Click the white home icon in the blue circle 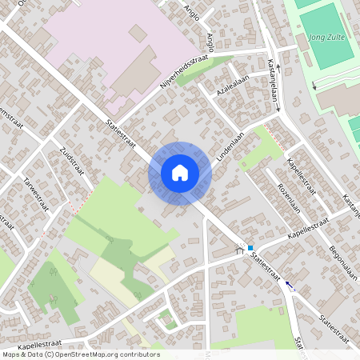click(x=180, y=172)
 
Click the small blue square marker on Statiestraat click(x=250, y=248)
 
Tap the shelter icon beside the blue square click(x=238, y=250)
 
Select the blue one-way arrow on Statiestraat click(x=289, y=286)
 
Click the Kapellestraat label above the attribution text click(x=39, y=346)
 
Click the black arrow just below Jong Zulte click(x=314, y=84)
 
